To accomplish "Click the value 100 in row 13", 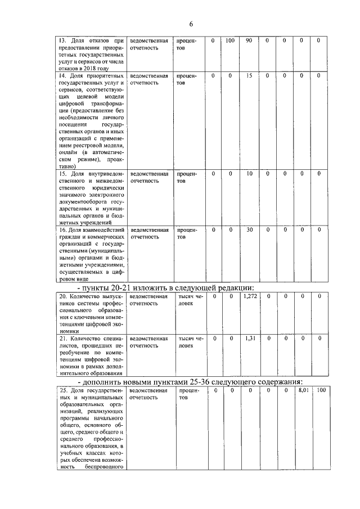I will pyautogui.click(x=230, y=40).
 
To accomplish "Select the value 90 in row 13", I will pyautogui.click(x=249, y=40).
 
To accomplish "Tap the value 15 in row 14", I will pyautogui.click(x=249, y=75).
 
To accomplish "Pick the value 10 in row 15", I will pyautogui.click(x=249, y=174).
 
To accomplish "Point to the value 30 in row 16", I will pyautogui.click(x=249, y=229).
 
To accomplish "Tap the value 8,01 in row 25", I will pyautogui.click(x=304, y=390).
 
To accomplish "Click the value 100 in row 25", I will pyautogui.click(x=321, y=390).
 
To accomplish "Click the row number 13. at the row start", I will pyautogui.click(x=63, y=41).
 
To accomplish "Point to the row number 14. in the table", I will pyautogui.click(x=63, y=76).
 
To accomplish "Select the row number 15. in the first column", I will pyautogui.click(x=63, y=174).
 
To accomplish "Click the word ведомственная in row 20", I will pyautogui.click(x=149, y=296).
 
